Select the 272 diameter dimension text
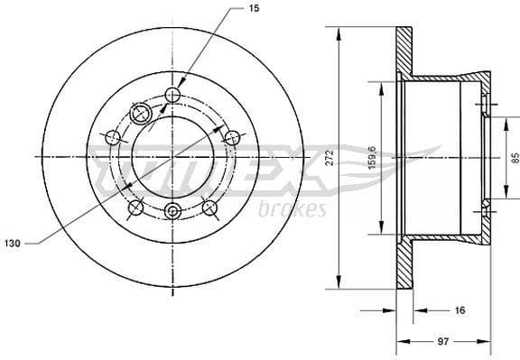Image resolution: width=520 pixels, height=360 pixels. point(330,157)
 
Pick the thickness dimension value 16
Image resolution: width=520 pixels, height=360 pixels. point(459,310)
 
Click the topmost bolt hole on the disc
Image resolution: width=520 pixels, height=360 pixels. point(174,96)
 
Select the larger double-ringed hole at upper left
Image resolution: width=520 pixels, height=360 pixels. point(141,113)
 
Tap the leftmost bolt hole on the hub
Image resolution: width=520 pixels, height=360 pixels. point(114,137)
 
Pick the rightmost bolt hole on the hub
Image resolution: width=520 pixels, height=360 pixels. point(231,137)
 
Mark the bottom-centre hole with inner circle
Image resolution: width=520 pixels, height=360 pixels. point(172,212)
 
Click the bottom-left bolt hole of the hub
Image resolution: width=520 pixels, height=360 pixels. point(135,208)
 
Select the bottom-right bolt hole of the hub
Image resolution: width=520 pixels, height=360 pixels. point(209,208)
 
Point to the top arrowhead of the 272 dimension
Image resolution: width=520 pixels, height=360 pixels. point(339,32)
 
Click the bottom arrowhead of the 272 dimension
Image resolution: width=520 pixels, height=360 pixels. point(339,283)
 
